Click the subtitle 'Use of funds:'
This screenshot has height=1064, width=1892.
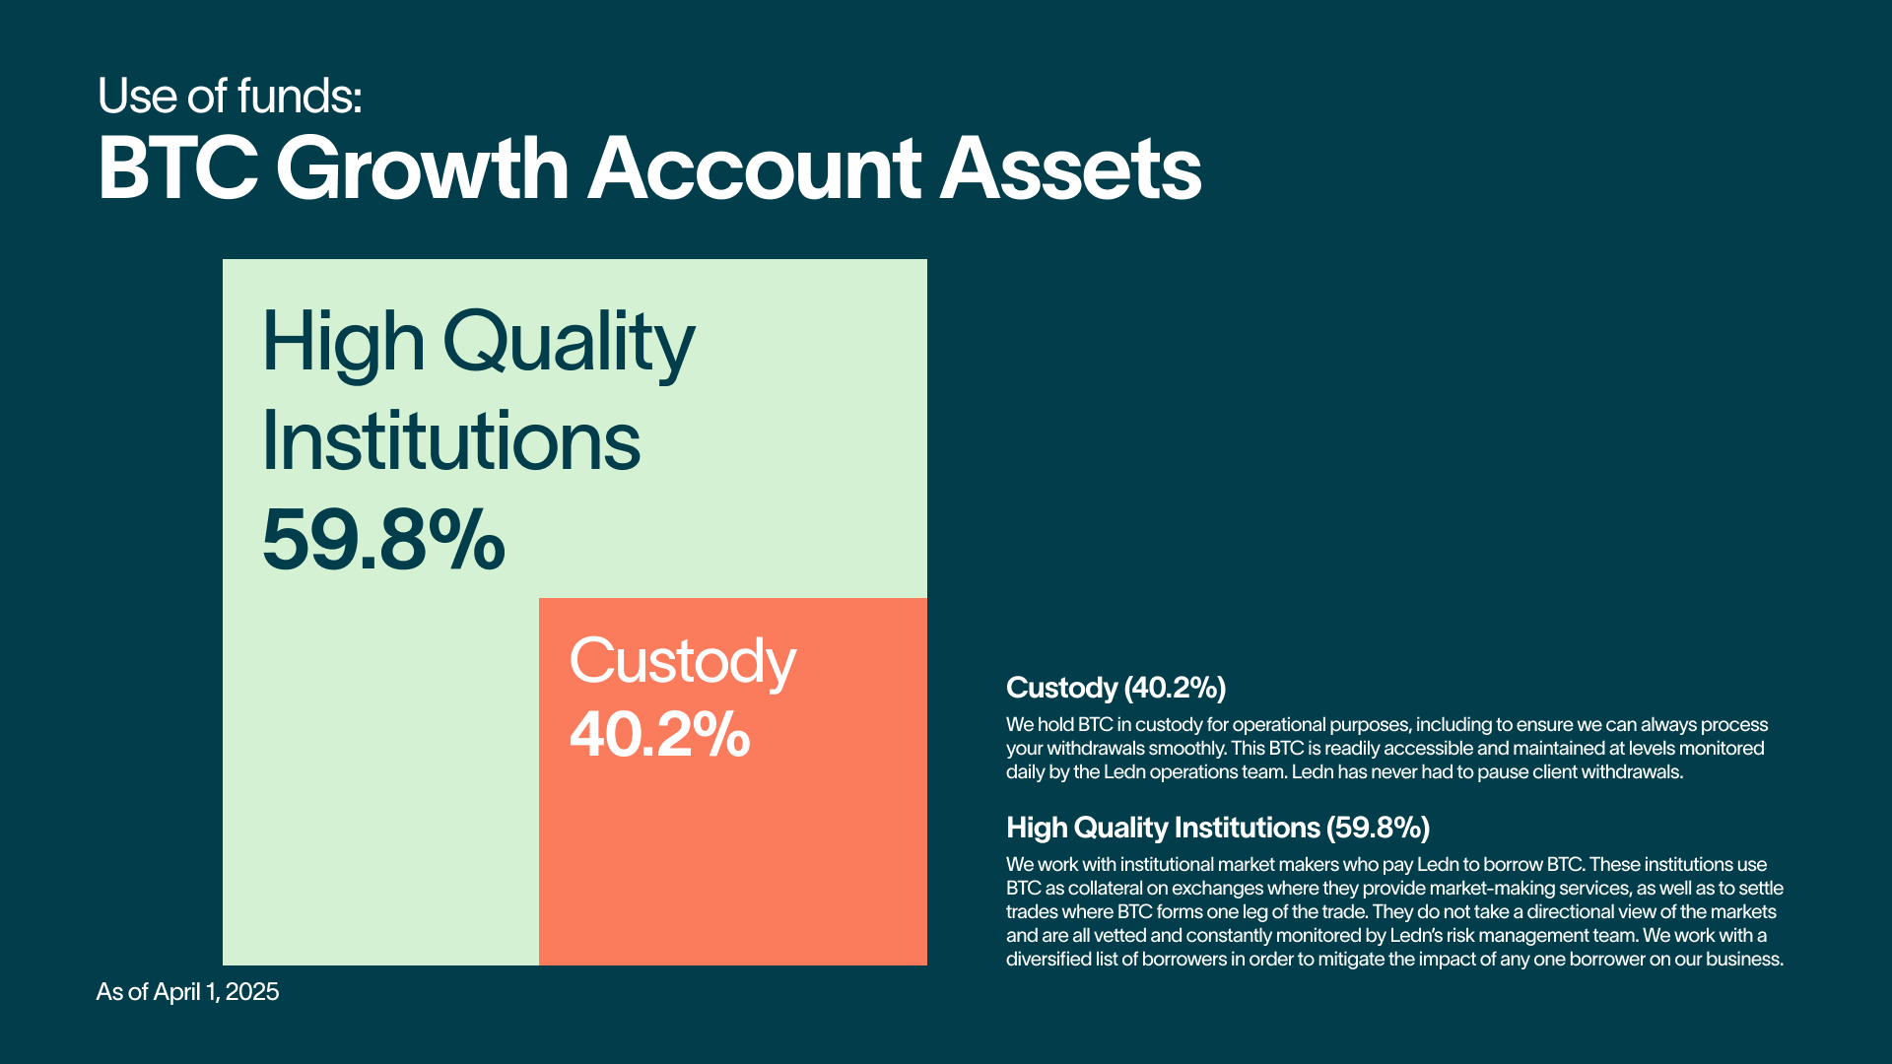pyautogui.click(x=230, y=97)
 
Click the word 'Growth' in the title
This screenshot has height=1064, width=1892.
pyautogui.click(x=423, y=168)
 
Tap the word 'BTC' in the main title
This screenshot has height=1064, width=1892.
pyautogui.click(x=177, y=168)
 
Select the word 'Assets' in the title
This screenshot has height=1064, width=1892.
pyautogui.click(x=1070, y=168)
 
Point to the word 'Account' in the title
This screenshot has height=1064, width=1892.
pyautogui.click(x=755, y=168)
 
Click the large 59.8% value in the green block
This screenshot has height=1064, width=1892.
pyautogui.click(x=383, y=540)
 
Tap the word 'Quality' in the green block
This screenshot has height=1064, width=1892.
pyautogui.click(x=569, y=344)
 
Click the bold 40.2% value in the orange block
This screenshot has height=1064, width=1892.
pyautogui.click(x=659, y=735)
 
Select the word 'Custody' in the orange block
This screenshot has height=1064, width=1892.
pyautogui.click(x=682, y=662)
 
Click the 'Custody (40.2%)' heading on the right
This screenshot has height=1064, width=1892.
pyautogui.click(x=1115, y=688)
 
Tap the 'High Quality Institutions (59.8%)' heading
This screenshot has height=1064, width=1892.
pyautogui.click(x=1218, y=828)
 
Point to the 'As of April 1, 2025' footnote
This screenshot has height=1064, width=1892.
pyautogui.click(x=187, y=991)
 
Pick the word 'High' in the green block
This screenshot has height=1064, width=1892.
pyautogui.click(x=343, y=342)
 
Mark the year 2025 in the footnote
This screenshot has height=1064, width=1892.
pyautogui.click(x=252, y=991)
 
